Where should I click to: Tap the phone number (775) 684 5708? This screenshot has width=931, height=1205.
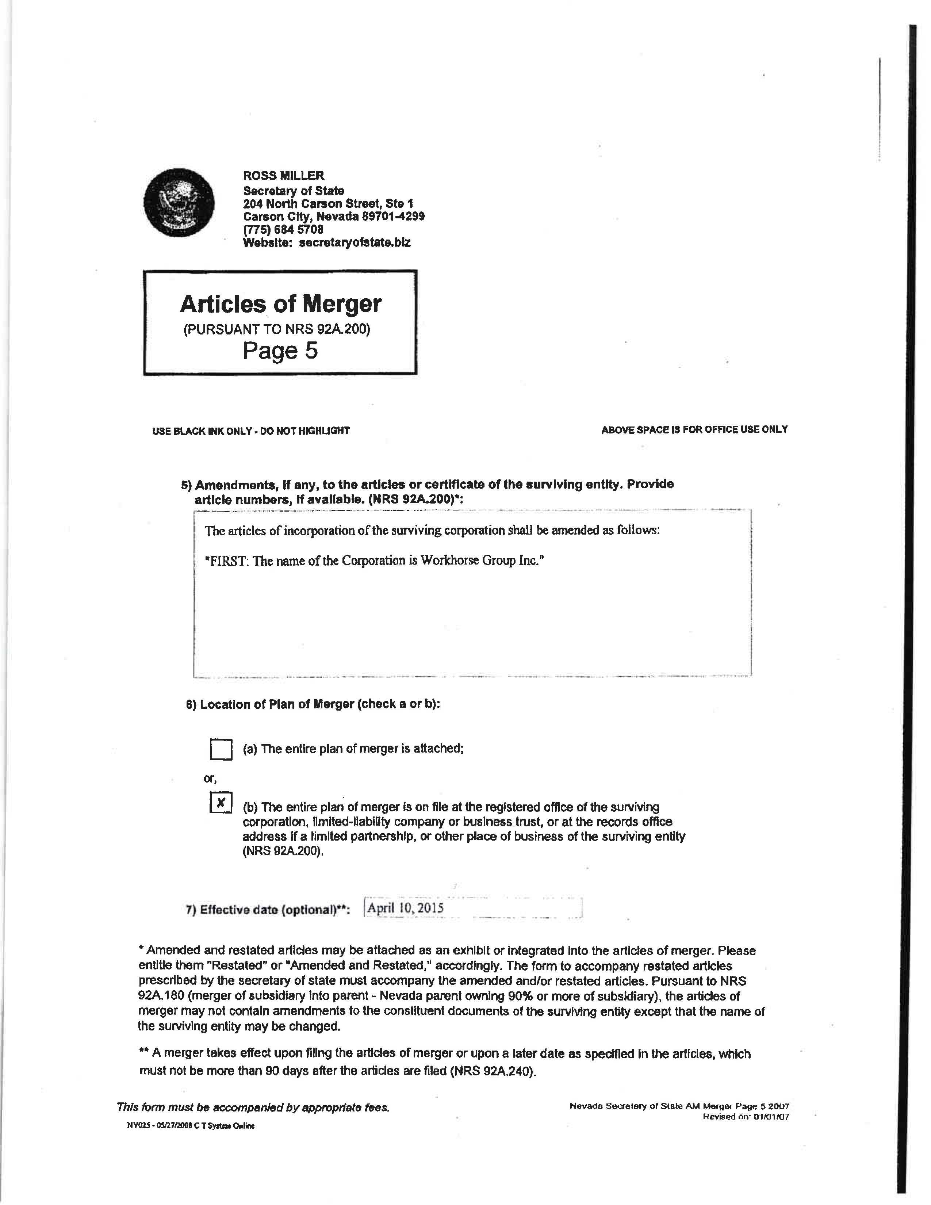(283, 229)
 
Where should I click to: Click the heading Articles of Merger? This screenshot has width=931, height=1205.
(280, 304)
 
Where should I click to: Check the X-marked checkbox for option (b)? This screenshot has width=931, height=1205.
(221, 803)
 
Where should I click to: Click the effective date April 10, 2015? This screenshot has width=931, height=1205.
(406, 908)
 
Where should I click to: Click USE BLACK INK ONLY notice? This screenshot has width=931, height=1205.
(250, 431)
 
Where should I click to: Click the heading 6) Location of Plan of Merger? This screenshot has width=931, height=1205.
(313, 705)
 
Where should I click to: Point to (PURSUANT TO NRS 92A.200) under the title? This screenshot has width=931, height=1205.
(276, 329)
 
